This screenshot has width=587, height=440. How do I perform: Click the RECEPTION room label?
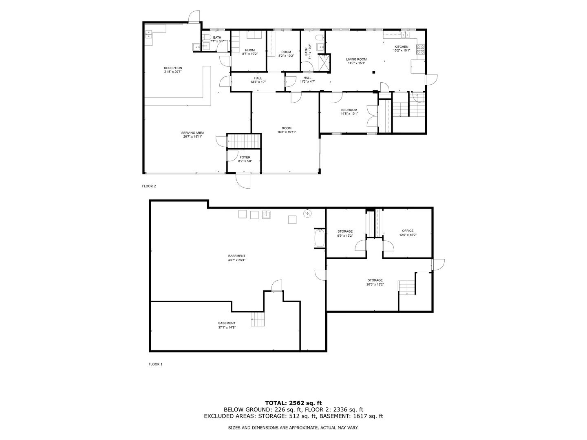click(173, 68)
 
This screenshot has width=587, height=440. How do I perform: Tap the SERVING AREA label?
click(192, 133)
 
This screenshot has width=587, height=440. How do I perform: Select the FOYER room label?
click(245, 157)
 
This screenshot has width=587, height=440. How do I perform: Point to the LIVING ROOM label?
click(356, 59)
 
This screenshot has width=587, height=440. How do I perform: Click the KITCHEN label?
click(402, 47)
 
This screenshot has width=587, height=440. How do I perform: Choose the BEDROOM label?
click(349, 110)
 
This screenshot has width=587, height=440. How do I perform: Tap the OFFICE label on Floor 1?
click(408, 231)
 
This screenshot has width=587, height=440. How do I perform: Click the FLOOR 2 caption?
click(149, 186)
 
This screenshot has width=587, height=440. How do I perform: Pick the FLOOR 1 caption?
click(156, 364)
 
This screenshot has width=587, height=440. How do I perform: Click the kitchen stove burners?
click(420, 49)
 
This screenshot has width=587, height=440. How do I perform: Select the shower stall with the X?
click(324, 63)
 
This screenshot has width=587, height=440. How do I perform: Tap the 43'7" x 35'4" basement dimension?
click(237, 260)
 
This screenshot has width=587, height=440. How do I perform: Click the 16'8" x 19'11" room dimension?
click(287, 132)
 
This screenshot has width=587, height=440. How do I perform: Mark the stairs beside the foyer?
click(244, 141)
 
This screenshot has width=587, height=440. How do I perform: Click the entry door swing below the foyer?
click(243, 181)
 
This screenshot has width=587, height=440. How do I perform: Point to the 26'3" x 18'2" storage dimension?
click(375, 284)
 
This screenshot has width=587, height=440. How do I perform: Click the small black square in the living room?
click(374, 72)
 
